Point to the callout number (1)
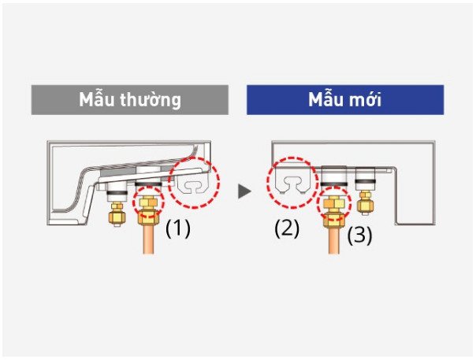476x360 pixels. [x=178, y=228]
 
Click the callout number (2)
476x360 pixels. [x=287, y=228]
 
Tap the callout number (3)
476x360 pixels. [x=359, y=236]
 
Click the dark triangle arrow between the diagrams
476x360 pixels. [x=244, y=191]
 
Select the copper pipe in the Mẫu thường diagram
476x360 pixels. [x=148, y=238]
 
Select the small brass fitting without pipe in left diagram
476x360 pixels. [x=117, y=214]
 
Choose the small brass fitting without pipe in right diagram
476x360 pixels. [x=366, y=202]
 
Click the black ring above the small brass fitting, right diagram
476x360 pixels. [x=366, y=181]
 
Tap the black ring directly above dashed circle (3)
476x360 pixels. [x=333, y=184]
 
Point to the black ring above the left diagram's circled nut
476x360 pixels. [x=148, y=184]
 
